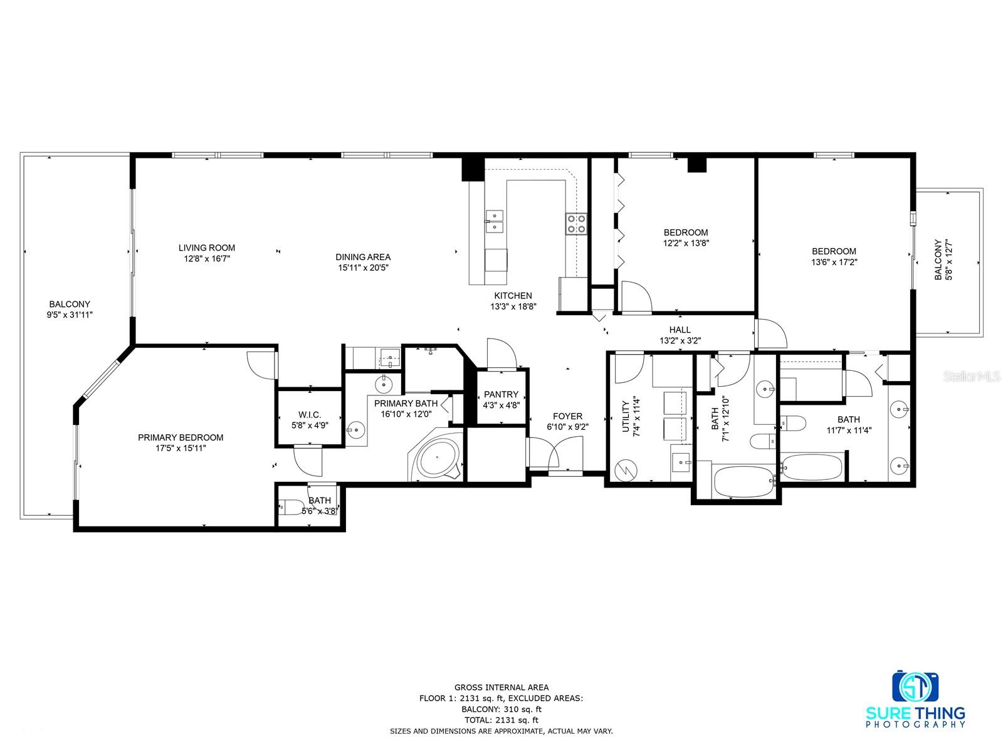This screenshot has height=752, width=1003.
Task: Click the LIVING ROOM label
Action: tap(207, 248)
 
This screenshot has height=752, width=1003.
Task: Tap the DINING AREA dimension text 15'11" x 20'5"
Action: tap(363, 268)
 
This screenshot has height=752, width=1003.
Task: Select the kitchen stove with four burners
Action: tap(576, 224)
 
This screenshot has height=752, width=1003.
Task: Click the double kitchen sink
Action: tap(495, 221)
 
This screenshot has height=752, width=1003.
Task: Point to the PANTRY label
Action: tap(501, 394)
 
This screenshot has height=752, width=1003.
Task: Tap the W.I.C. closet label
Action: tap(310, 415)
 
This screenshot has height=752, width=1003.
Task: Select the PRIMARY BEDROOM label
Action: tap(181, 437)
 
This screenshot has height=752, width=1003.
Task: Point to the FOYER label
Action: tap(567, 416)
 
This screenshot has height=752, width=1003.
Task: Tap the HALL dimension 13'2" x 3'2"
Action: tap(680, 341)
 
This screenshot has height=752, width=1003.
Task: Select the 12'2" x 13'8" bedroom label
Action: tap(686, 232)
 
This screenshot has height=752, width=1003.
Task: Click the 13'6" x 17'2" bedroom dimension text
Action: tap(834, 262)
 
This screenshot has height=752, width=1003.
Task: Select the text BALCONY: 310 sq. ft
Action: tap(501, 709)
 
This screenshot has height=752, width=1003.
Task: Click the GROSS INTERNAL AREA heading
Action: tap(501, 687)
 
